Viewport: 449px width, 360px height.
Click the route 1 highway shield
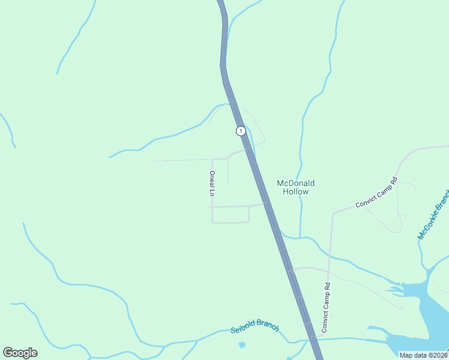[x=241, y=131]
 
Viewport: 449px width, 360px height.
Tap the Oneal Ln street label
[x=212, y=184]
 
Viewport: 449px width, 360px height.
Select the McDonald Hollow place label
[x=295, y=187]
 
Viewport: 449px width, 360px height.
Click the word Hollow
[x=295, y=192]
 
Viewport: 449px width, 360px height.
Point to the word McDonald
[x=295, y=183]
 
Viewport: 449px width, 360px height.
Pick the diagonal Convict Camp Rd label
[x=376, y=193]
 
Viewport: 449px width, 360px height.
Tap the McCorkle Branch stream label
[x=433, y=214]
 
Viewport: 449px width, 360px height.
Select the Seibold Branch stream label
[x=255, y=326]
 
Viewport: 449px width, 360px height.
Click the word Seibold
[x=243, y=329]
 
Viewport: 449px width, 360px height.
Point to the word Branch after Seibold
[x=268, y=325]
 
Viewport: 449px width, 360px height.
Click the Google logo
[x=20, y=353]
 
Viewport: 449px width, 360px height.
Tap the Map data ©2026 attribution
[x=424, y=355]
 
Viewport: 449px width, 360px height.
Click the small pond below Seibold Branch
[x=241, y=345]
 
